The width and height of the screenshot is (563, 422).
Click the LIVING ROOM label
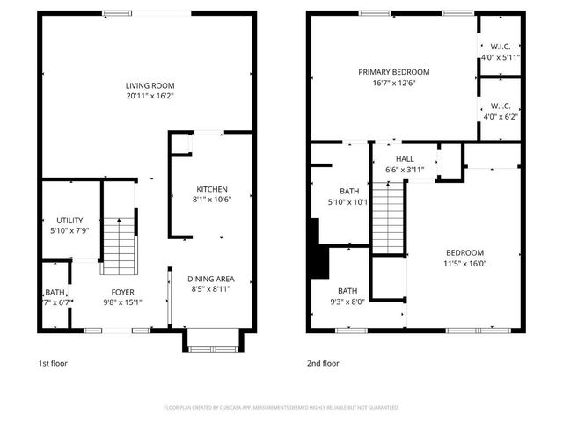point(149,85)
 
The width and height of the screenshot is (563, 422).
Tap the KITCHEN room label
point(212,189)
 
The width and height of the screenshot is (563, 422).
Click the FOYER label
point(122,293)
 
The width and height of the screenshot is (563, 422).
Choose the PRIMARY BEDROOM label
point(393,72)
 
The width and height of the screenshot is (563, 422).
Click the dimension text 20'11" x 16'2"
point(149,96)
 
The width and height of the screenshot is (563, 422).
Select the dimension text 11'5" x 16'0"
point(464,262)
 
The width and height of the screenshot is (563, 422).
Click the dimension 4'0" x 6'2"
point(501,115)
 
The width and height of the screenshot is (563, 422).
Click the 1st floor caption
point(53,363)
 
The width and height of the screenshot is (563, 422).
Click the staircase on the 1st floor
point(121,248)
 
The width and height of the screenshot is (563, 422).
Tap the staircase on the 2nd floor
point(388,216)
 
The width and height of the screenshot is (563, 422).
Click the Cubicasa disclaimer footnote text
point(281,408)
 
